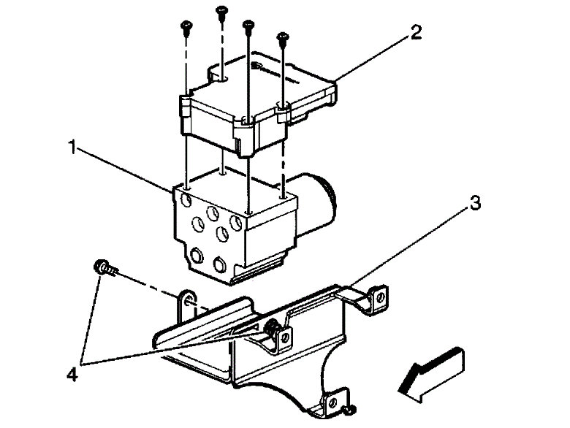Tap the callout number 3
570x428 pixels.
(475, 204)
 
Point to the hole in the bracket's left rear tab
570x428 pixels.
(188, 300)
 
